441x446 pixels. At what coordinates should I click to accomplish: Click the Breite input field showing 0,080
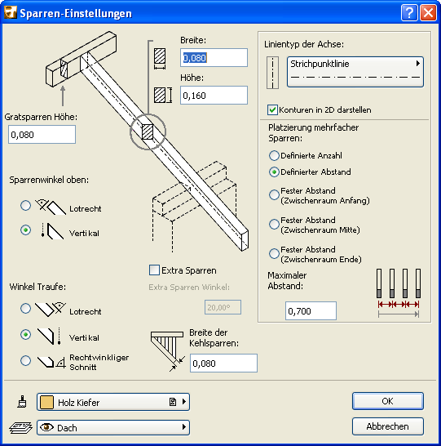(x=214, y=58)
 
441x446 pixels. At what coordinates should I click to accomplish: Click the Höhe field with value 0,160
(x=214, y=96)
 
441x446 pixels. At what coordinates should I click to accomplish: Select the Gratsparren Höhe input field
(x=42, y=134)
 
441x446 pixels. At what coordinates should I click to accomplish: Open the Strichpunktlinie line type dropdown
(x=355, y=72)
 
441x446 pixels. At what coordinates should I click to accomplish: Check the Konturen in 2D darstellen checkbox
(x=272, y=109)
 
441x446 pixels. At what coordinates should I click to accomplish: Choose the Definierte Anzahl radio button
(x=274, y=155)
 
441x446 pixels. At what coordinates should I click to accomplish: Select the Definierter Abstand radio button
(x=274, y=172)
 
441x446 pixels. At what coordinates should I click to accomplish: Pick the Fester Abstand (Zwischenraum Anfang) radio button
(x=274, y=195)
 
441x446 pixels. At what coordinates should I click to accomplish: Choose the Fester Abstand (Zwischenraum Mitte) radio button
(x=274, y=224)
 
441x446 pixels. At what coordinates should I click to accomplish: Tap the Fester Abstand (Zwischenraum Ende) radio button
(x=274, y=253)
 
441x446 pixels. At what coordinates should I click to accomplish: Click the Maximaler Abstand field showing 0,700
(x=311, y=311)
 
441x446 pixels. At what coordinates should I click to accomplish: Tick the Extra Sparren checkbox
(x=154, y=270)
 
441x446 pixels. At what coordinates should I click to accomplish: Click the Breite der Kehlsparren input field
(x=223, y=363)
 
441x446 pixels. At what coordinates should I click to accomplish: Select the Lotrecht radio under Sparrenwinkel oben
(x=25, y=205)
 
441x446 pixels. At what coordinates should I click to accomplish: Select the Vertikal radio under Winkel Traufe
(x=25, y=335)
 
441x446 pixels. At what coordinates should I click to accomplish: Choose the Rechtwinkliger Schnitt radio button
(x=25, y=360)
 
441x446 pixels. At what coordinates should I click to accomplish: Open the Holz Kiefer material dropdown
(x=113, y=402)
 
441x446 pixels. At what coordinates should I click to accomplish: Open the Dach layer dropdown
(x=113, y=427)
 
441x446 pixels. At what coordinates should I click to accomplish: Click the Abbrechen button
(x=388, y=426)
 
